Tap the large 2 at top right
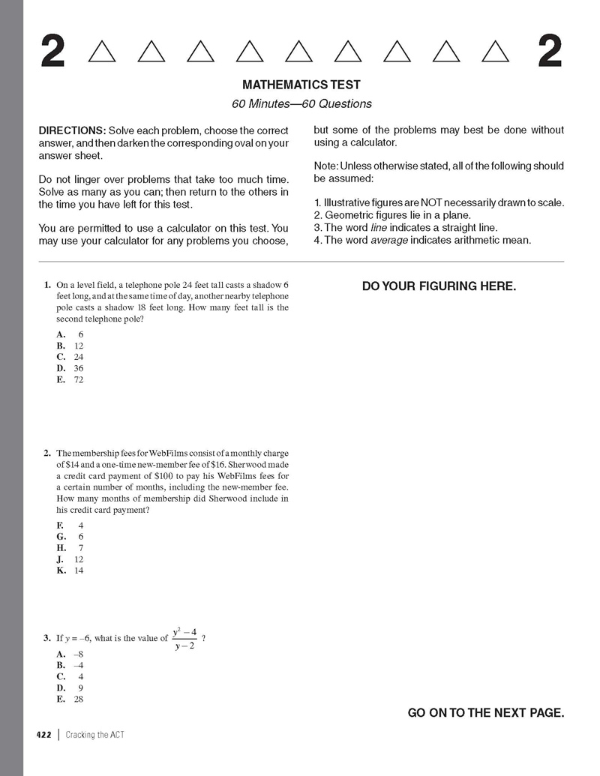coord(550,52)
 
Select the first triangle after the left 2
coord(102,52)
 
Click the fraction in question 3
coord(184,639)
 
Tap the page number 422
coord(43,735)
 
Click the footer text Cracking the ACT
coord(94,735)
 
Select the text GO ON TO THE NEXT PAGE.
coord(485,713)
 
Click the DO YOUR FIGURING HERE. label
coord(439,286)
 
